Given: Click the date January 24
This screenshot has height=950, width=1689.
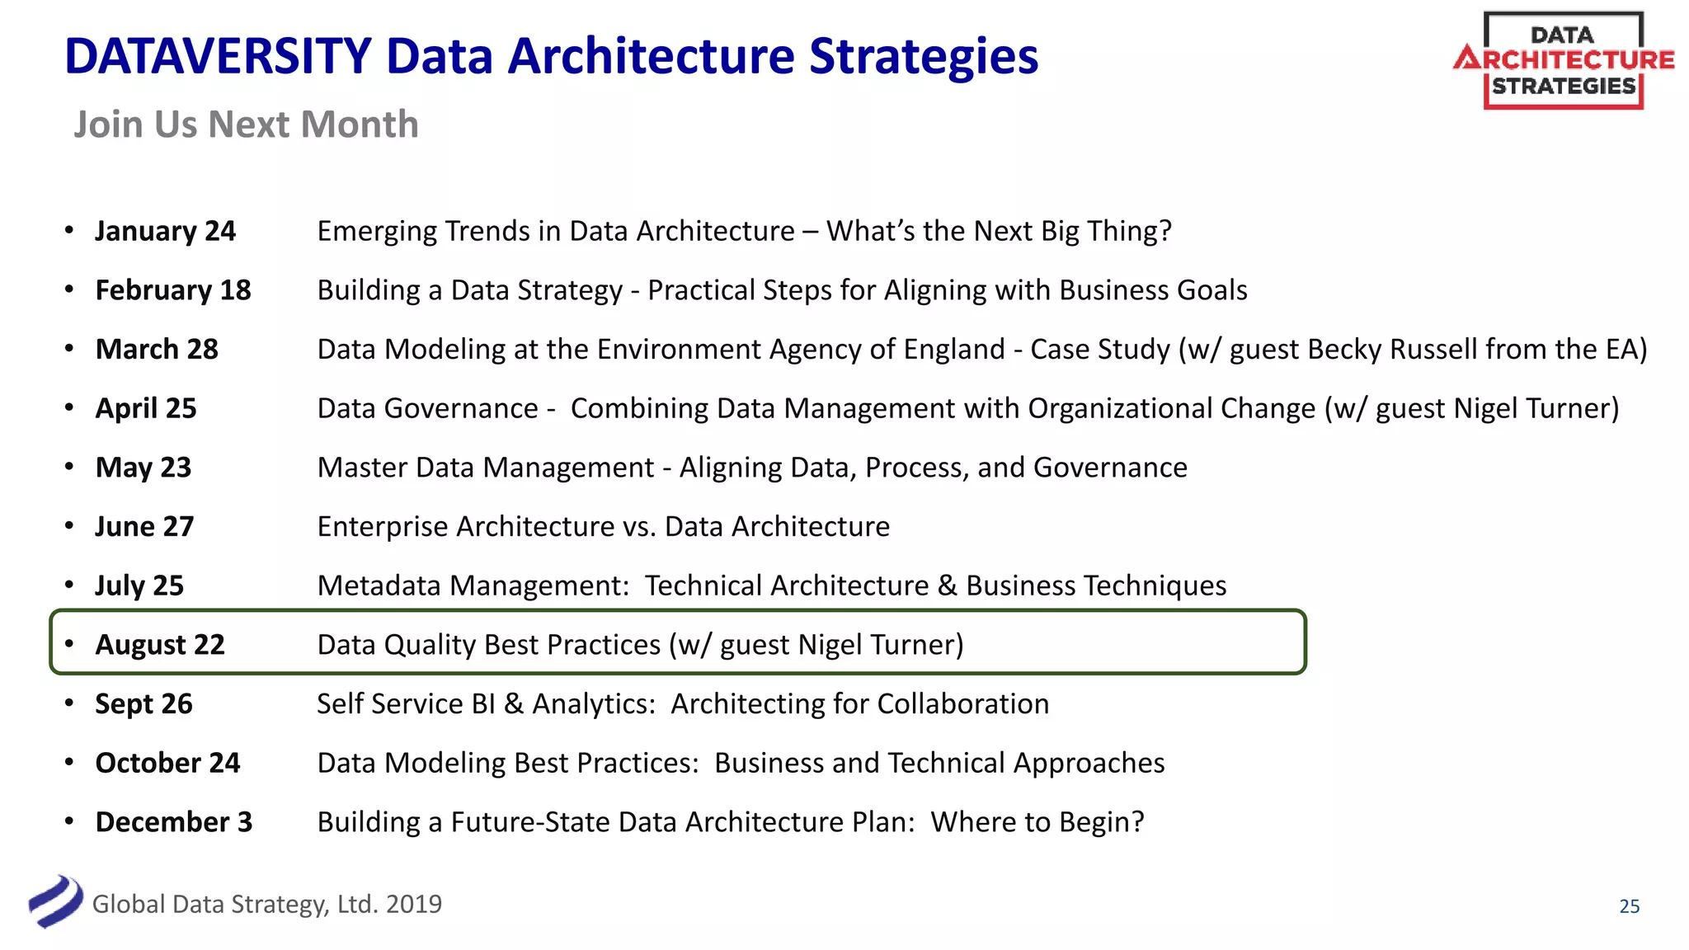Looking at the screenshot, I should (165, 231).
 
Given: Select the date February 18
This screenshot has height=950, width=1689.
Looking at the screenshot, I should (173, 290).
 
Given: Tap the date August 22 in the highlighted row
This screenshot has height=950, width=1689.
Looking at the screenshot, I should (160, 645).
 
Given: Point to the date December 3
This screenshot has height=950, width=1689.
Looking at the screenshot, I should (174, 822).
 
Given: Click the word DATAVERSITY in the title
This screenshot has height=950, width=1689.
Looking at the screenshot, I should (218, 56).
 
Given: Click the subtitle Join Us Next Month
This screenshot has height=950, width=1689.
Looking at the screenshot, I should (246, 125).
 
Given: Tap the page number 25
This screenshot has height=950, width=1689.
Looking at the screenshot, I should (1629, 906).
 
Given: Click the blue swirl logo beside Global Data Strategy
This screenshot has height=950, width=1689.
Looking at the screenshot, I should (55, 901).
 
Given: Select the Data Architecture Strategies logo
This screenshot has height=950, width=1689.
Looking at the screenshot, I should (1563, 60).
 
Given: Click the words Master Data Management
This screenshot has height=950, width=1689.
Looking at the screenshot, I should (485, 468).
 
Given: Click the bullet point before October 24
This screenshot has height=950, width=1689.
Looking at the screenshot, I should (69, 762).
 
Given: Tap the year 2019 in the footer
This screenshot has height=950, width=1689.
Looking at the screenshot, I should (414, 905).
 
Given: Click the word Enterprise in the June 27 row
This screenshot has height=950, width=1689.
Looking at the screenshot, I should (383, 527).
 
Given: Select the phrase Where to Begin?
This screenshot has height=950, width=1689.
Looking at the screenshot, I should (1037, 822).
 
